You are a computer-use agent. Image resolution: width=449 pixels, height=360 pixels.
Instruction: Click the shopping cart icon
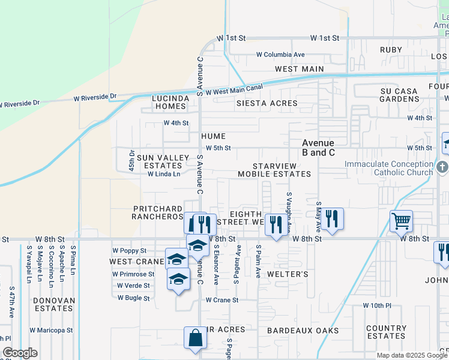(x=401, y=220)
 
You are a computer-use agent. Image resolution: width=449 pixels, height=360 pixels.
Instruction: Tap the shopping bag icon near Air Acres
(x=196, y=338)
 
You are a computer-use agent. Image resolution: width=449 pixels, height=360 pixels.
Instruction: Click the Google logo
(x=20, y=353)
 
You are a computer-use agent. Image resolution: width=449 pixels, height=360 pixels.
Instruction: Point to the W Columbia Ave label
(x=281, y=55)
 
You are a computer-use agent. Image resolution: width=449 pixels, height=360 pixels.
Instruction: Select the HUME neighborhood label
(x=213, y=136)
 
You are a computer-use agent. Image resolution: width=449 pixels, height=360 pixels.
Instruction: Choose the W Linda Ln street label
(x=164, y=175)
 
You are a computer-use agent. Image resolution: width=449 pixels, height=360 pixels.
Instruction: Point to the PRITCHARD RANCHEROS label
(x=157, y=212)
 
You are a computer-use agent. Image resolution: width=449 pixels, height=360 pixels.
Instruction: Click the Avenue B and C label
(x=318, y=148)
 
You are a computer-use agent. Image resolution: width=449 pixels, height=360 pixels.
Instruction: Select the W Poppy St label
(x=129, y=251)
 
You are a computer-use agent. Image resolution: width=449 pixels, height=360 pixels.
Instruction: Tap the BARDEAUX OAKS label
(x=303, y=331)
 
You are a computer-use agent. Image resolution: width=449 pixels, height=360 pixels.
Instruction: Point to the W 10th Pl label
(x=377, y=305)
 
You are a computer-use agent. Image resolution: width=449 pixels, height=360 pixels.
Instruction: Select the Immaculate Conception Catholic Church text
(x=388, y=169)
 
